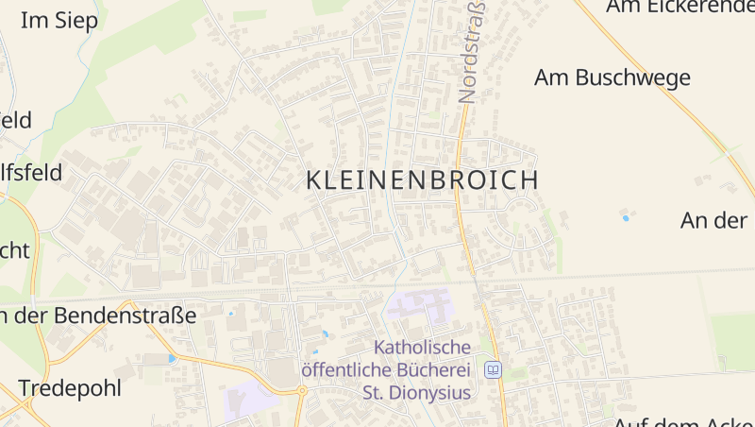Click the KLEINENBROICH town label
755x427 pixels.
click(x=423, y=179)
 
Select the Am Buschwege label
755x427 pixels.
click(x=612, y=77)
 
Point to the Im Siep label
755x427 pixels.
click(x=59, y=21)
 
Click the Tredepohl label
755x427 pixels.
click(x=70, y=388)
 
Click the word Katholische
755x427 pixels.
click(x=422, y=348)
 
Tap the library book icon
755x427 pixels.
click(x=492, y=369)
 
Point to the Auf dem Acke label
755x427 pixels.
click(x=684, y=421)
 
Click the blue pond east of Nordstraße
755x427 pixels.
click(x=625, y=218)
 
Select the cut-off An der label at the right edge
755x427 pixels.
click(x=714, y=220)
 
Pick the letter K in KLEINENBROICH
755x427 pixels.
click(x=314, y=179)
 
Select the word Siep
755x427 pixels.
click(x=76, y=21)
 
